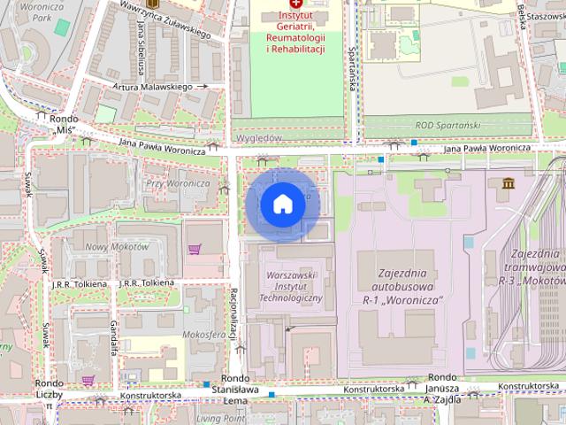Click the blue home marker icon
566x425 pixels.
[282, 205]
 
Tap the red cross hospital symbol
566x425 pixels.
[295, 4]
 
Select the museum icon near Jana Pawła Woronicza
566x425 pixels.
[509, 183]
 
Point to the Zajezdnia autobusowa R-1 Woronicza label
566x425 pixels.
[403, 287]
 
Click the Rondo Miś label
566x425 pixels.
[65, 124]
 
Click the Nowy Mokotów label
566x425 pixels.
[117, 247]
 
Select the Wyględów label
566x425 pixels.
[259, 139]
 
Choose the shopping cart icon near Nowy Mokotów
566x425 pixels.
[194, 249]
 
